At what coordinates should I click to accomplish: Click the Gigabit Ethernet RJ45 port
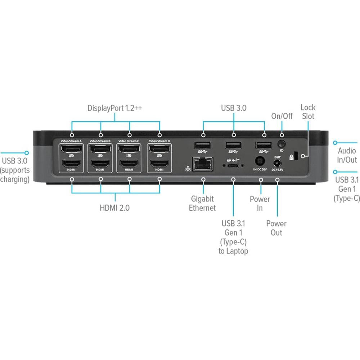(203, 164)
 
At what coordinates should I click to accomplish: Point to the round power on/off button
(282, 144)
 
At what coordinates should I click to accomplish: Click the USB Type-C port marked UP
(234, 166)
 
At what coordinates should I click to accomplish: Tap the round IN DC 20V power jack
(260, 161)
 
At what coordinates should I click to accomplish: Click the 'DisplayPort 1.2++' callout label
(115, 108)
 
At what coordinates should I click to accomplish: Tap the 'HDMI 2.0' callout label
(115, 208)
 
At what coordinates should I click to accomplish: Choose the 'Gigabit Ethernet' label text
(202, 203)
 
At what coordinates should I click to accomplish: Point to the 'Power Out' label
(276, 228)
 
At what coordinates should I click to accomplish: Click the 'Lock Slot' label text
(308, 112)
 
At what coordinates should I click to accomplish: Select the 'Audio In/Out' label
(347, 156)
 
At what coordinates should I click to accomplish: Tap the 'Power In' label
(260, 203)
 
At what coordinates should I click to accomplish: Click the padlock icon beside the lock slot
(291, 157)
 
